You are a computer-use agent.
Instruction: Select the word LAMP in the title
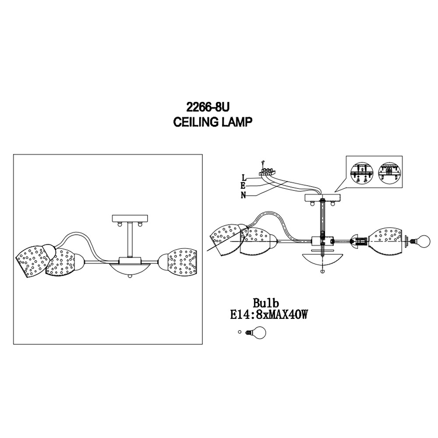pyautogui.click(x=237, y=122)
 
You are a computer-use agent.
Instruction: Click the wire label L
pyautogui.click(x=244, y=177)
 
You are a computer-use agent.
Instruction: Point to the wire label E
pyautogui.click(x=243, y=186)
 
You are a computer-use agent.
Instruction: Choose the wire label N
pyautogui.click(x=244, y=195)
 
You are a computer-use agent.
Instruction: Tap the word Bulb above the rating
pyautogui.click(x=266, y=303)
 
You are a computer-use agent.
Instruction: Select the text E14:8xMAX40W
pyautogui.click(x=269, y=315)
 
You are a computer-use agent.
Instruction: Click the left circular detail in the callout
pyautogui.click(x=361, y=173)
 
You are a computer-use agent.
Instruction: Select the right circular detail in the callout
pyautogui.click(x=389, y=173)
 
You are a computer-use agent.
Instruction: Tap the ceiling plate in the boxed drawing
pyautogui.click(x=130, y=218)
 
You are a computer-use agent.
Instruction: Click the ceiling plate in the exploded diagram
pyautogui.click(x=322, y=198)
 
